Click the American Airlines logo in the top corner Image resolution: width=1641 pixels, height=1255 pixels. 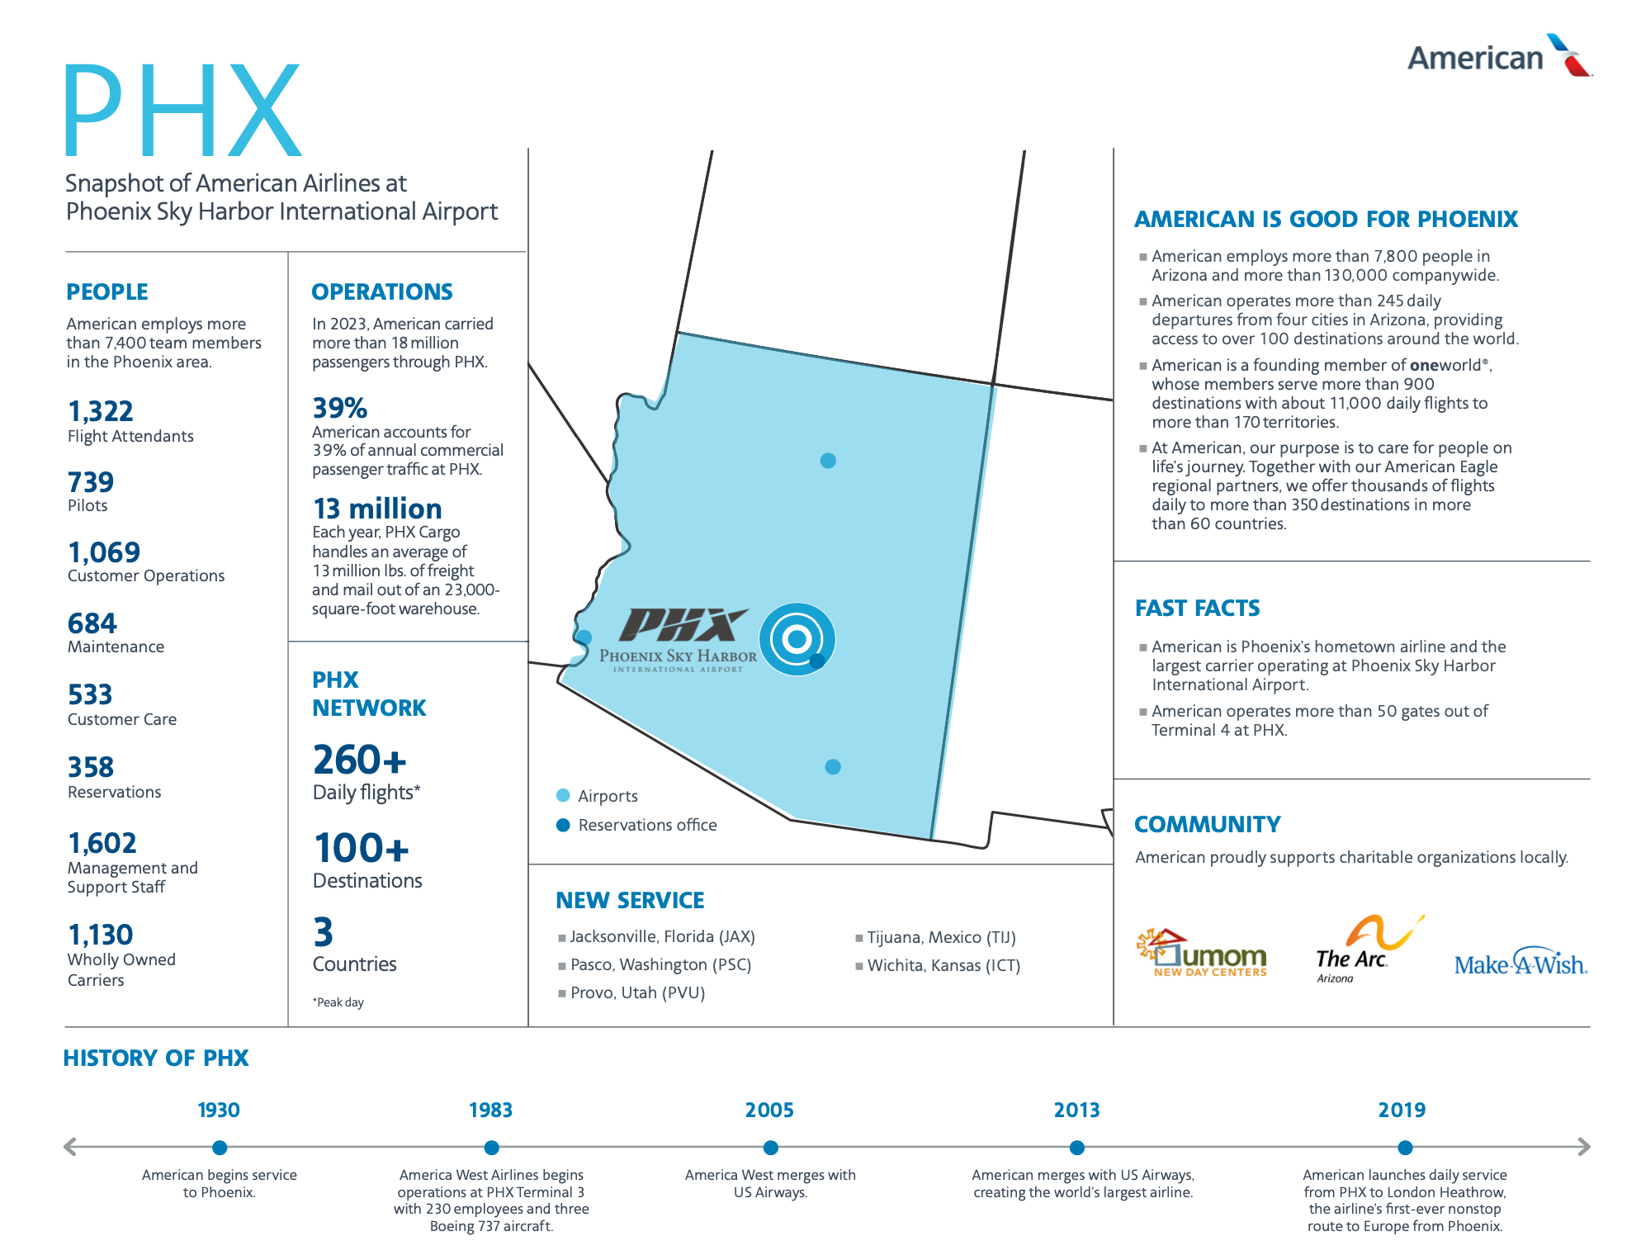pyautogui.click(x=1498, y=56)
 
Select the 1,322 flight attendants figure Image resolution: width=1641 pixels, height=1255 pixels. pyautogui.click(x=100, y=411)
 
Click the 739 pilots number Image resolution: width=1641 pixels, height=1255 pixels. pyautogui.click(x=91, y=482)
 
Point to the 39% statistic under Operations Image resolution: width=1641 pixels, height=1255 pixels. pyautogui.click(x=339, y=408)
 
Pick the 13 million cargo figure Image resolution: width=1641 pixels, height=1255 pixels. pyautogui.click(x=377, y=509)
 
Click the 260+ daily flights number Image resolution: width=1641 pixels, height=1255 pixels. pyautogui.click(x=360, y=760)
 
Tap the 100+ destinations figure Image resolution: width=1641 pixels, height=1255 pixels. pyautogui.click(x=362, y=848)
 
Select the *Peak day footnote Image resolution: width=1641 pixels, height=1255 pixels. pyautogui.click(x=338, y=1002)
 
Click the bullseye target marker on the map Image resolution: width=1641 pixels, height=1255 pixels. pyautogui.click(x=797, y=638)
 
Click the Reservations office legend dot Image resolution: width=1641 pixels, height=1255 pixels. pyautogui.click(x=563, y=825)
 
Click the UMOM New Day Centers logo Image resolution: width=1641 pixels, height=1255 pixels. pyautogui.click(x=1203, y=953)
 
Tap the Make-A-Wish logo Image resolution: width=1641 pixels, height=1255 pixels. pyautogui.click(x=1520, y=964)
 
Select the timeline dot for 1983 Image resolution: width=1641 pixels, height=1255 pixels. pyautogui.click(x=491, y=1148)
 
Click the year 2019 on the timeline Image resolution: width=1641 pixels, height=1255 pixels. pyautogui.click(x=1402, y=1110)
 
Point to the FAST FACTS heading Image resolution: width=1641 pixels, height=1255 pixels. pyautogui.click(x=1197, y=609)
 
